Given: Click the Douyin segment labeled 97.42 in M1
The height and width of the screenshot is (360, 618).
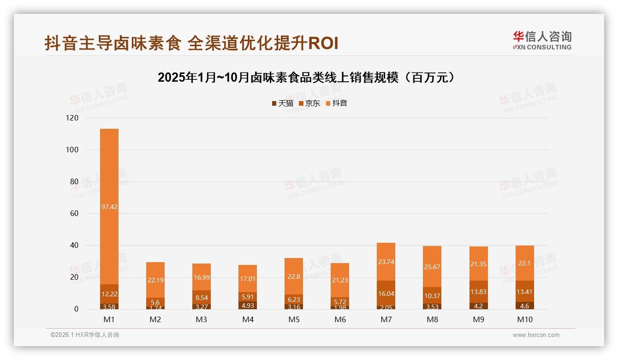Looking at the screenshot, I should [x=109, y=207].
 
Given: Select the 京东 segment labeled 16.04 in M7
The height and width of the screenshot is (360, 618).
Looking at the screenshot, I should [x=386, y=294].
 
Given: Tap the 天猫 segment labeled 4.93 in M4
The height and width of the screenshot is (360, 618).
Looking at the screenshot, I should [x=248, y=305].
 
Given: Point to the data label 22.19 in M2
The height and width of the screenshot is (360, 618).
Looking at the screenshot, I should [x=155, y=280].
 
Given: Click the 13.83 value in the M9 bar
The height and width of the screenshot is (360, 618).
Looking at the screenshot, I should [x=478, y=292].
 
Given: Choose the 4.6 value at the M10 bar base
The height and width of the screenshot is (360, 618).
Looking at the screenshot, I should [x=524, y=306].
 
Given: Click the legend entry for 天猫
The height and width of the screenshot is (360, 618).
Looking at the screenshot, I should [x=283, y=103].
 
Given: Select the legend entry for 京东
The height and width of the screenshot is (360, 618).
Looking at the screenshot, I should [x=309, y=103].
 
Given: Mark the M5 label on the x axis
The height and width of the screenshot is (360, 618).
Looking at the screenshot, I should [x=294, y=319].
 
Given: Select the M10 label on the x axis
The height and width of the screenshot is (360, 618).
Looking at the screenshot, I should [x=524, y=319].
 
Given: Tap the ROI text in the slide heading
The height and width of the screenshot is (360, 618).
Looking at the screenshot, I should [x=323, y=43].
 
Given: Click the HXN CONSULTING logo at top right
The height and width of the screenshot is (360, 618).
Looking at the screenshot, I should [x=542, y=41].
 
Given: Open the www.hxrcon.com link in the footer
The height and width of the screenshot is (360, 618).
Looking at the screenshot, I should [x=535, y=335].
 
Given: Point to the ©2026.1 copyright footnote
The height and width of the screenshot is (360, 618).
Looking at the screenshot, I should [x=85, y=335].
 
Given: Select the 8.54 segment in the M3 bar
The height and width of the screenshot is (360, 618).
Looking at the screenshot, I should [x=202, y=298].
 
